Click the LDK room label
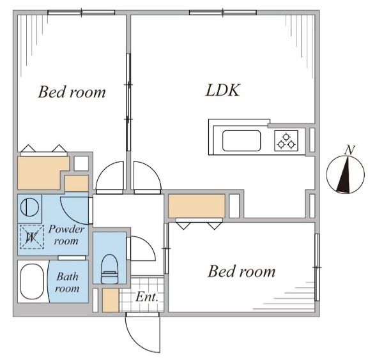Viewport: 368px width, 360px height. [x=223, y=90]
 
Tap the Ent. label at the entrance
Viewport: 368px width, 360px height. [x=147, y=297]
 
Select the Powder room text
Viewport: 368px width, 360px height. [x=66, y=235]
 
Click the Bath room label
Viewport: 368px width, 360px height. [x=67, y=283]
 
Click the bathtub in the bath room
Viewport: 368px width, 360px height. [x=32, y=281]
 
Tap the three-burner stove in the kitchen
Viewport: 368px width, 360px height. [x=286, y=140]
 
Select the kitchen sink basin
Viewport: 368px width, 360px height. [x=241, y=140]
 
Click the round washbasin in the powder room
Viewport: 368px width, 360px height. [x=29, y=207]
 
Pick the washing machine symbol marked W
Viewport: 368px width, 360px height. [x=32, y=237]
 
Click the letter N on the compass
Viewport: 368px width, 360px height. [x=349, y=150]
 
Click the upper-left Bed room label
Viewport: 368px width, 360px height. [x=72, y=92]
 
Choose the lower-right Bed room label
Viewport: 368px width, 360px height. [x=241, y=271]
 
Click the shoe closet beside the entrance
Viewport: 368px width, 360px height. [x=111, y=300]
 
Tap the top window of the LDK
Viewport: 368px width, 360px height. [x=223, y=12]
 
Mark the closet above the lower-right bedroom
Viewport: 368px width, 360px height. [x=197, y=206]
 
